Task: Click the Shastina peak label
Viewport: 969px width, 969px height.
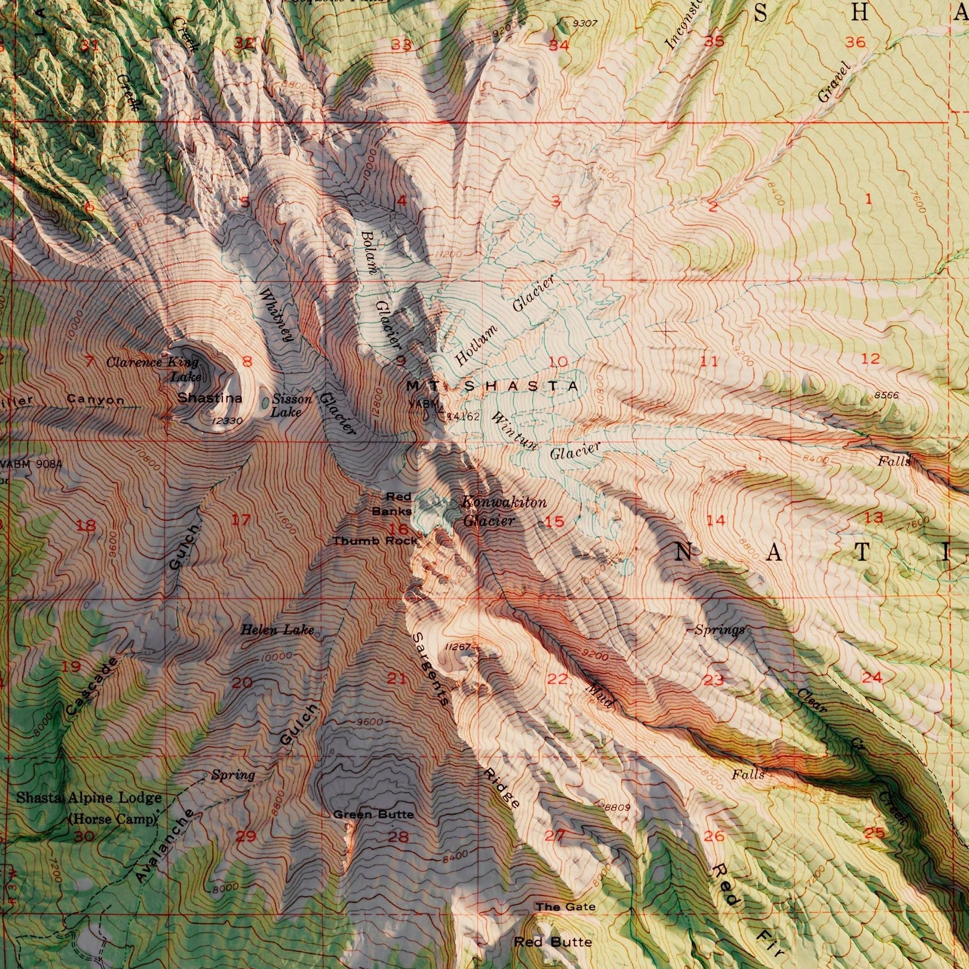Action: click(x=210, y=398)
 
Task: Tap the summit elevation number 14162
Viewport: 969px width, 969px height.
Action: click(x=464, y=416)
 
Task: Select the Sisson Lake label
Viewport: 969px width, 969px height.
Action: click(x=290, y=406)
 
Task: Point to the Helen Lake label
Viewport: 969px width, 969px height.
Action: click(x=277, y=630)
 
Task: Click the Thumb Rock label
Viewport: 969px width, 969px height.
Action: click(x=375, y=541)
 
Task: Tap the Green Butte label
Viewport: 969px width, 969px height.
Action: click(x=374, y=815)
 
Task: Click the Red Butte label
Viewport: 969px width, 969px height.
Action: click(x=553, y=928)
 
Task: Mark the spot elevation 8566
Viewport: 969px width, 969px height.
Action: click(x=886, y=396)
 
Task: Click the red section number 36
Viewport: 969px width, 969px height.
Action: click(x=855, y=43)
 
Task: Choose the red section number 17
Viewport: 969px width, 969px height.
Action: click(x=240, y=520)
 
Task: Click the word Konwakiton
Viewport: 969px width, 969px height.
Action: click(x=503, y=502)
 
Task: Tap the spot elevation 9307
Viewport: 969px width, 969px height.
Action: click(x=584, y=23)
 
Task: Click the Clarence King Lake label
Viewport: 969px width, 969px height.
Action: click(x=153, y=369)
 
